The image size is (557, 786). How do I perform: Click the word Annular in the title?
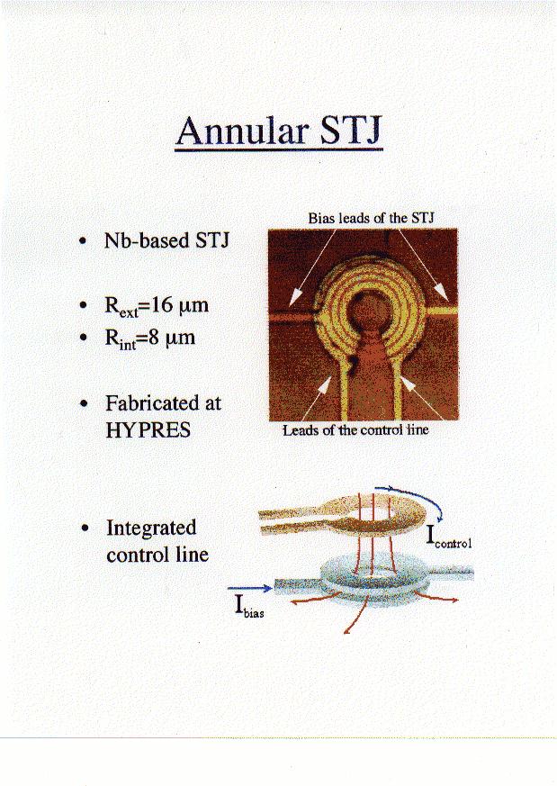[241, 131]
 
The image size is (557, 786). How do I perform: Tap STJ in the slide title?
[351, 131]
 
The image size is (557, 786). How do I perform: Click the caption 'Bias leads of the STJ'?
[371, 219]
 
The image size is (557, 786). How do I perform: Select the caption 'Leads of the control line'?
[355, 430]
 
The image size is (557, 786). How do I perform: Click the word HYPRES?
[148, 430]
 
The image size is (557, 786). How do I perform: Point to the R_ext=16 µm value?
[157, 305]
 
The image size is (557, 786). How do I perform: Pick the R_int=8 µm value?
[149, 338]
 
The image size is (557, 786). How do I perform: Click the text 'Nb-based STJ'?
[166, 240]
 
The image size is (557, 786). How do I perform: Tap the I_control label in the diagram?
[448, 537]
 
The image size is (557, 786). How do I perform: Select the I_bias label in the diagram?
[249, 607]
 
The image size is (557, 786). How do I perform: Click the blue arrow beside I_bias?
[249, 589]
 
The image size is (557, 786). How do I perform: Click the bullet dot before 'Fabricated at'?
[85, 403]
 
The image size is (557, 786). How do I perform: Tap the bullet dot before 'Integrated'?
[86, 528]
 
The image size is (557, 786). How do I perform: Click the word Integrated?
[151, 528]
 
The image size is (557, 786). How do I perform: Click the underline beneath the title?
[279, 149]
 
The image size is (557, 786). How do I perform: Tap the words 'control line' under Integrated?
[157, 555]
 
